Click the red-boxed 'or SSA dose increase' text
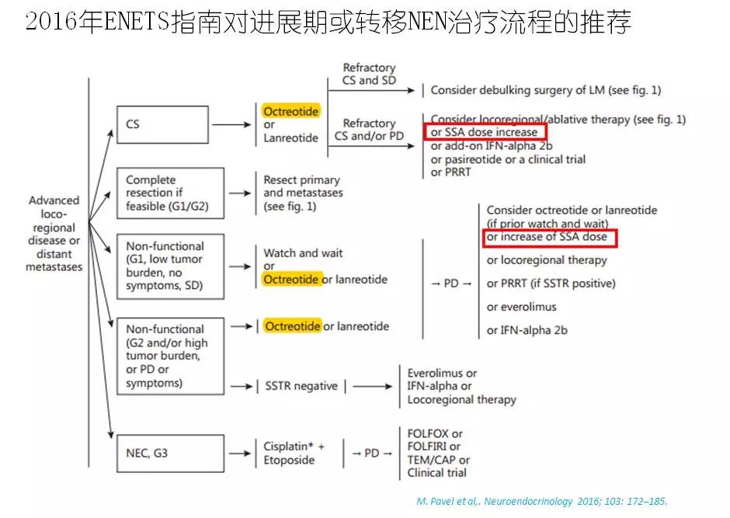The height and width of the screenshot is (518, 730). [484, 132]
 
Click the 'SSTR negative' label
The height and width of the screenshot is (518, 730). [301, 386]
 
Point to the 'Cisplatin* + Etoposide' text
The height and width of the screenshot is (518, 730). [294, 454]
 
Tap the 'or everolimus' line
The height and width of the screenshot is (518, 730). [521, 308]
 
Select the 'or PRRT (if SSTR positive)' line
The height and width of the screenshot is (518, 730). [551, 284]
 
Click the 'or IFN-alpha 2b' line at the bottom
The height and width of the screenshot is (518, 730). [527, 330]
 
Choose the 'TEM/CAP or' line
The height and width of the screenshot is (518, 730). [438, 460]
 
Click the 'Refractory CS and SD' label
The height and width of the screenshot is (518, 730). [369, 74]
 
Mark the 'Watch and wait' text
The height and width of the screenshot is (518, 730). [303, 253]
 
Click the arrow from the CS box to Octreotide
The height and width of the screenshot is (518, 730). [231, 125]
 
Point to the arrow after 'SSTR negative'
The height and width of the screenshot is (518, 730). [373, 386]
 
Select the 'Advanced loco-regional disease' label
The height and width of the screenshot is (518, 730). [54, 234]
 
